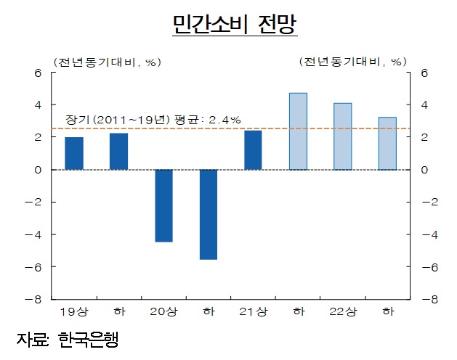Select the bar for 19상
pyautogui.click(x=74, y=153)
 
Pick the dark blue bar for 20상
pyautogui.click(x=163, y=205)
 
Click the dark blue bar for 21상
pyautogui.click(x=253, y=150)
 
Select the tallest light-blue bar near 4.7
pyautogui.click(x=298, y=131)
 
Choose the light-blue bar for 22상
pyautogui.click(x=342, y=136)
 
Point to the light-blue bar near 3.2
pyautogui.click(x=387, y=144)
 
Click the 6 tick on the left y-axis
pyautogui.click(x=38, y=73)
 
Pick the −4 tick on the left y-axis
pyautogui.click(x=35, y=234)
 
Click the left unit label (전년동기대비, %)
pyautogui.click(x=105, y=62)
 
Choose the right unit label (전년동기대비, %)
pyautogui.click(x=352, y=62)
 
